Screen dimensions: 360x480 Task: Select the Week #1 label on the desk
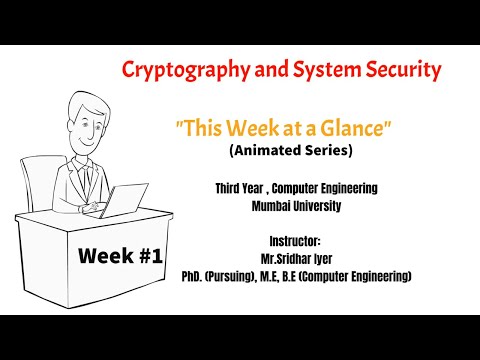(120, 256)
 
